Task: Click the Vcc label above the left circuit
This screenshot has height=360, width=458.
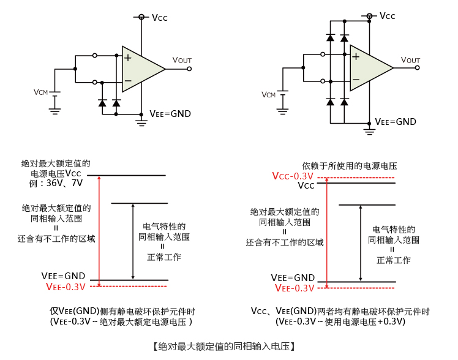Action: point(159,18)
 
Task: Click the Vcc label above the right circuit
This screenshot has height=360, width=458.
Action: point(388,16)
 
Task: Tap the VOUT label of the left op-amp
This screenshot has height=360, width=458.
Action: point(182,60)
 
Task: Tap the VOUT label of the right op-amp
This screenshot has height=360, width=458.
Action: point(410,59)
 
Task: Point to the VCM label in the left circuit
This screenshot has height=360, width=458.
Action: point(40,92)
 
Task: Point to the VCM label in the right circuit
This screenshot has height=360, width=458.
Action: point(268,94)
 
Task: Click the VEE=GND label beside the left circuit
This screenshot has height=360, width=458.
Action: point(170,114)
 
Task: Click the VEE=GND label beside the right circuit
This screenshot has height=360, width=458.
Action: point(396,122)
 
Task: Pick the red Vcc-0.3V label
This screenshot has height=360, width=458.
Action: point(293,176)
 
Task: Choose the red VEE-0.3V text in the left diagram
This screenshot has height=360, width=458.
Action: point(66,287)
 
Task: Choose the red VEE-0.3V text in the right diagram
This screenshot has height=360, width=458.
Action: point(295,288)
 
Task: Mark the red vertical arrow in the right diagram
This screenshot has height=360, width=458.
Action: point(327,233)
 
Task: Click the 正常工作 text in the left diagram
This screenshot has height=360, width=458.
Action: point(164,257)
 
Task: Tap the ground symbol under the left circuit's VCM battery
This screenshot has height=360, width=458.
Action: point(54,110)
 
